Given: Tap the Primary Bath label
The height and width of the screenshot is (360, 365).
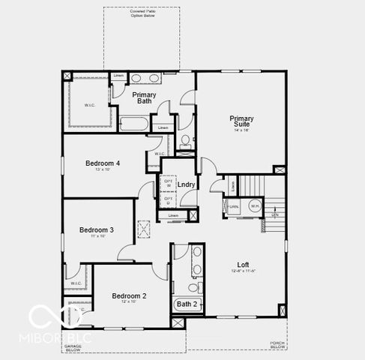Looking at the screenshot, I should click(x=144, y=98).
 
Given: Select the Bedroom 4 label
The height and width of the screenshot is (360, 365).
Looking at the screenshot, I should click(x=103, y=163).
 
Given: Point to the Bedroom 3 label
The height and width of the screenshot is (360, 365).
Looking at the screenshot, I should click(x=97, y=229).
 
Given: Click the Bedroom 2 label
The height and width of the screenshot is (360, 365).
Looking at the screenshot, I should click(x=129, y=295).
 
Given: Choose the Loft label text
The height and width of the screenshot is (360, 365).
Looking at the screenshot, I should click(x=243, y=264).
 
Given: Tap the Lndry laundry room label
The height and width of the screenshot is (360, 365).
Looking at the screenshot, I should click(x=186, y=184).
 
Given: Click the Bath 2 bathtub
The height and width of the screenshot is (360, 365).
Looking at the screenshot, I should click(x=187, y=304).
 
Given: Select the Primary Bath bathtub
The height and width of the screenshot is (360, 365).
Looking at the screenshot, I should click(x=134, y=123).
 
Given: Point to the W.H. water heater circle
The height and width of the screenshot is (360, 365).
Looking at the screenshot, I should click(x=254, y=206).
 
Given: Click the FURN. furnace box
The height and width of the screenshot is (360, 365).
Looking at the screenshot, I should click(x=234, y=206).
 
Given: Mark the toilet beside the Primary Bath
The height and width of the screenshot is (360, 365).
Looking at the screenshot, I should click(x=185, y=140).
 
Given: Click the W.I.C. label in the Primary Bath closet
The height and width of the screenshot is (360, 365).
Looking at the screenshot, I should click(x=89, y=104).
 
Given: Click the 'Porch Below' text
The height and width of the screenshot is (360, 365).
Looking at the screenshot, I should click(x=277, y=346).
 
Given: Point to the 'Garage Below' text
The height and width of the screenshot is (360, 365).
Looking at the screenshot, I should click(x=73, y=347).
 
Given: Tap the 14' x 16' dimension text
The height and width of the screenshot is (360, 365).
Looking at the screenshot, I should click(x=241, y=130).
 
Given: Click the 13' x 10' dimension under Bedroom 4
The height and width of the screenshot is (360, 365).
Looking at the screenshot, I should click(x=103, y=170).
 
